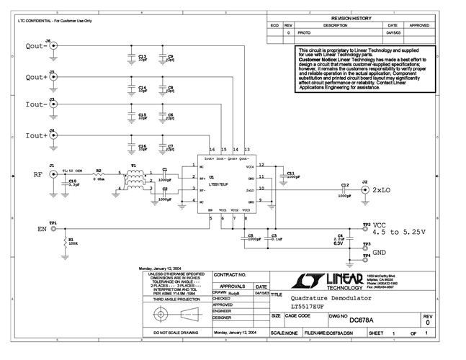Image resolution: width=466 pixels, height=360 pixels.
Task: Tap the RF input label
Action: click(x=37, y=174)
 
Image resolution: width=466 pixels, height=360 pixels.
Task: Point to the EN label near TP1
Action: click(x=42, y=230)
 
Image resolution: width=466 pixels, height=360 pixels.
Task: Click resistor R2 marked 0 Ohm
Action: click(x=100, y=175)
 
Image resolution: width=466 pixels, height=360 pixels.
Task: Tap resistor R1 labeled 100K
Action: click(x=67, y=242)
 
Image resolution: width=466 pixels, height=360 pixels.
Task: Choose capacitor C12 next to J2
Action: click(x=344, y=189)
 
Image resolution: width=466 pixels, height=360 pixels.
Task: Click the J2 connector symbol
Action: click(x=364, y=189)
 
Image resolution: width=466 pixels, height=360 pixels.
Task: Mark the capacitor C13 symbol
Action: click(x=131, y=57)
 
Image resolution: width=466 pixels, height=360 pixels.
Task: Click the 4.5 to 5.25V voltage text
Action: click(x=399, y=232)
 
